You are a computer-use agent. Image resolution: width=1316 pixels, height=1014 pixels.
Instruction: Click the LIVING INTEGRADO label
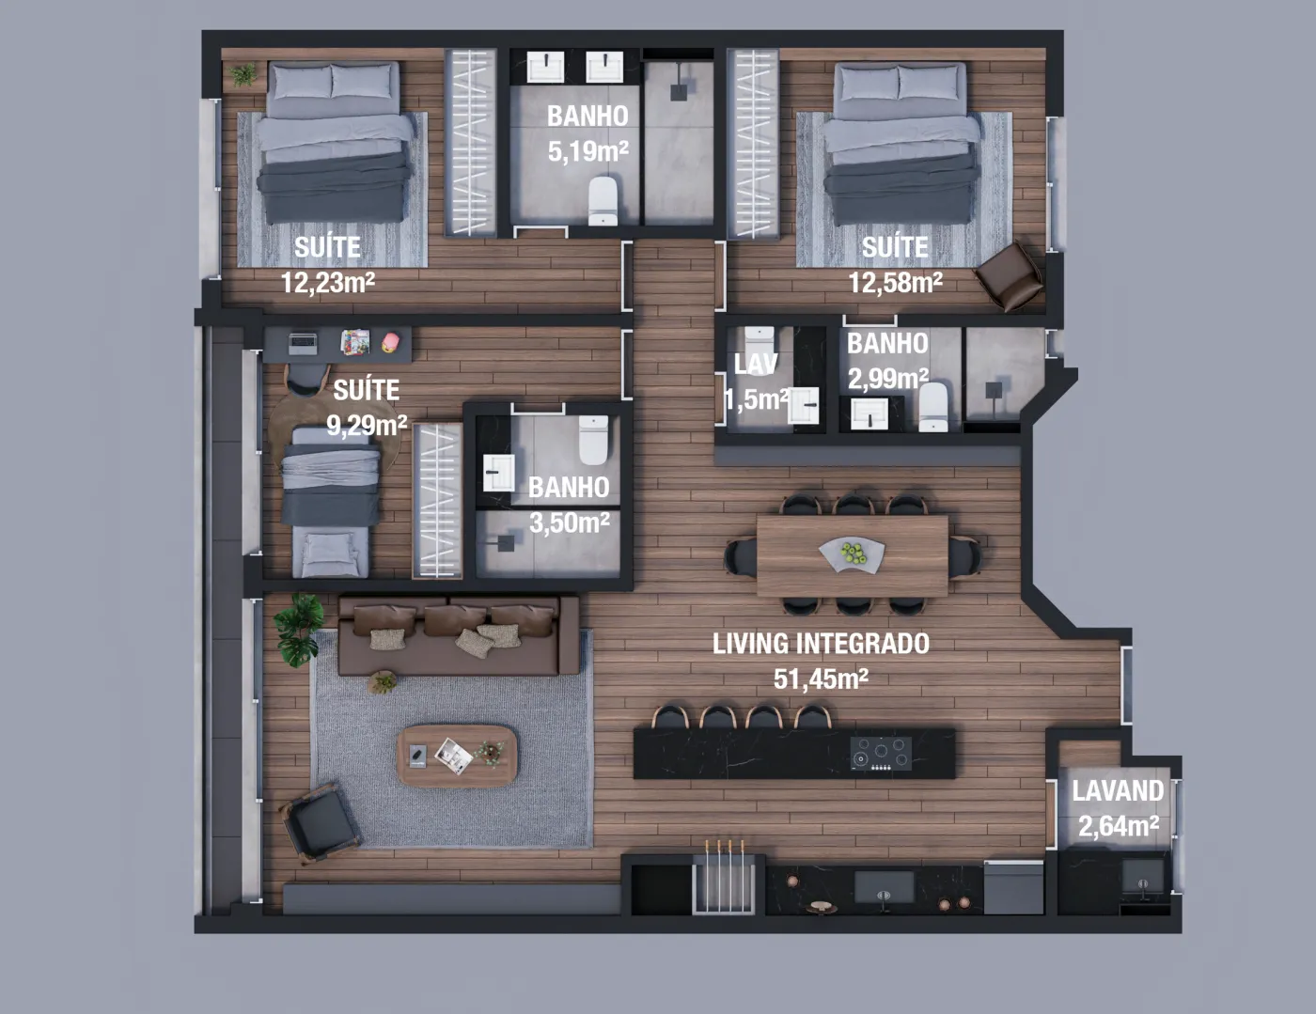click(821, 644)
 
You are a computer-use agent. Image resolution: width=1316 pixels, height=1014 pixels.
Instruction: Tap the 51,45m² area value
click(821, 679)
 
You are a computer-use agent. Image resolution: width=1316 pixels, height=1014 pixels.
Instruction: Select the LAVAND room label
click(1118, 790)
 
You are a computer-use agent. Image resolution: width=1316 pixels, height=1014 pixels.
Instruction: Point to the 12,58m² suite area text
click(895, 282)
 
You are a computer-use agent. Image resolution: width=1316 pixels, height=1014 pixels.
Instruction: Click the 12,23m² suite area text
click(328, 282)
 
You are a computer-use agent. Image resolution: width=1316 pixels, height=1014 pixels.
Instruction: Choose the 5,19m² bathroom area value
click(587, 150)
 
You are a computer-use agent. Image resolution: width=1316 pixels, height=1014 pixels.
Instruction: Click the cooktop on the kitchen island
click(881, 754)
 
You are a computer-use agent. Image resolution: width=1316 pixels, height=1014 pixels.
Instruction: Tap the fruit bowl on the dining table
click(852, 554)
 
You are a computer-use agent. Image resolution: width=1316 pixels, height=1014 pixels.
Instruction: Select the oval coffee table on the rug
click(457, 756)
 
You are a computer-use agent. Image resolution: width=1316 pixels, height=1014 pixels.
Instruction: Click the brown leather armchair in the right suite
click(1009, 278)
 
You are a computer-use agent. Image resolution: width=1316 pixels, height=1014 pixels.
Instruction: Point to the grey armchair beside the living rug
click(321, 821)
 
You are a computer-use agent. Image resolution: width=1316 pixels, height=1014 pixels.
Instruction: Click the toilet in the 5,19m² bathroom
click(603, 200)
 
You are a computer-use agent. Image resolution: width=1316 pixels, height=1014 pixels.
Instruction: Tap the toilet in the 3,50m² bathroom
click(593, 440)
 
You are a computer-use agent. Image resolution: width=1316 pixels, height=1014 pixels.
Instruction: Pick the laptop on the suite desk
click(303, 344)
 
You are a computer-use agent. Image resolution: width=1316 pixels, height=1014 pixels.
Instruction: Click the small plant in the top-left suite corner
click(243, 74)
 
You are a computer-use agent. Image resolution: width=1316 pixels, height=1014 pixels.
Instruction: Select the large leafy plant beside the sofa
click(299, 630)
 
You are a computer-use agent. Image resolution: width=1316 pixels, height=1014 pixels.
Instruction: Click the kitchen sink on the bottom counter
click(884, 887)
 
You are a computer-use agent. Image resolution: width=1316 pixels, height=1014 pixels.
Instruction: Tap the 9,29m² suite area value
click(367, 425)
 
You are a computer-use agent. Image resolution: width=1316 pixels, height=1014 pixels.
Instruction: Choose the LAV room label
click(755, 364)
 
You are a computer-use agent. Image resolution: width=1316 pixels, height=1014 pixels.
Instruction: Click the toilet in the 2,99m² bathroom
click(933, 406)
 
